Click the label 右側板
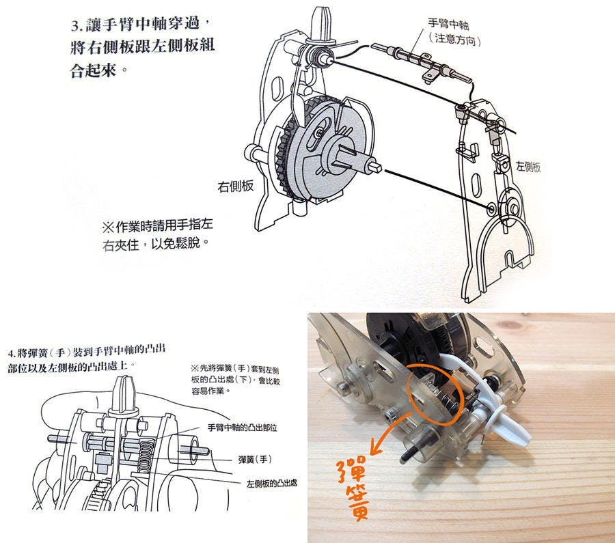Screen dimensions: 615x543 point(236,186)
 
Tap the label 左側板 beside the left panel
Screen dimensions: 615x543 point(528,167)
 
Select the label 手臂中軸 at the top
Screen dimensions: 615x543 point(448,24)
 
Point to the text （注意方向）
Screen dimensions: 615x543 point(454,39)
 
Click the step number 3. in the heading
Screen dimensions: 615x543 point(75,26)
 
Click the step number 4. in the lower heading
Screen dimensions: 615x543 point(12,353)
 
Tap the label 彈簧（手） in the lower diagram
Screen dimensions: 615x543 point(255,459)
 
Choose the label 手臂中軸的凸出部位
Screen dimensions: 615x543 point(242,428)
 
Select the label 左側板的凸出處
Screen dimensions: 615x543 point(272,484)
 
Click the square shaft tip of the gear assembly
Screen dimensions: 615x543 point(375,167)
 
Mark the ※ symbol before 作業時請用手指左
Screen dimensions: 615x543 point(107,227)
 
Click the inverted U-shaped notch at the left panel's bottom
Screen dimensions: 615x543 point(509,259)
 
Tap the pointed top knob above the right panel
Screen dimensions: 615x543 point(323,22)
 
